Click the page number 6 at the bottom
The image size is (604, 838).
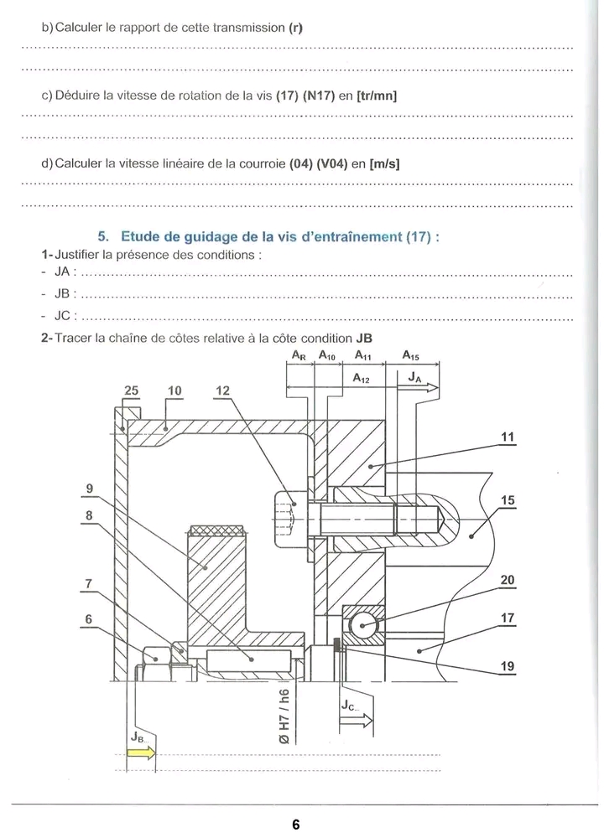click(x=295, y=824)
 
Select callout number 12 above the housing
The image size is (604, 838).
click(x=221, y=390)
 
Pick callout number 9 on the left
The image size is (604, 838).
click(x=90, y=488)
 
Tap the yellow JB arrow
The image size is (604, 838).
click(x=140, y=753)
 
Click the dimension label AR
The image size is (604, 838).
click(x=298, y=355)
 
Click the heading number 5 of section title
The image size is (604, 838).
click(x=104, y=236)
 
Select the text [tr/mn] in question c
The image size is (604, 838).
click(x=376, y=96)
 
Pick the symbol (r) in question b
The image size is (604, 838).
click(x=295, y=28)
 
